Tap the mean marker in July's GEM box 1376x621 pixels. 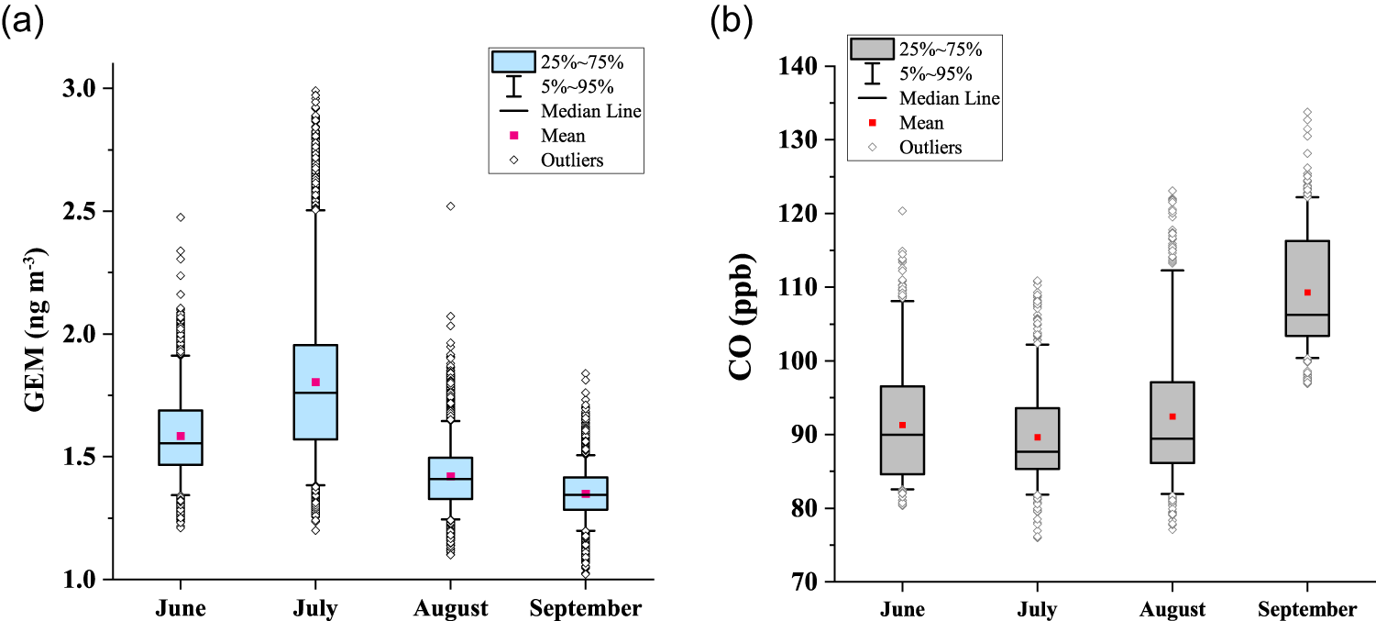point(315,382)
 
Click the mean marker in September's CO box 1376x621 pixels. point(1307,293)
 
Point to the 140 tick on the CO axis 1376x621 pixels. point(801,67)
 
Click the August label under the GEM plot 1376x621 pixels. point(450,608)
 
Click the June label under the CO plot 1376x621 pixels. point(902,609)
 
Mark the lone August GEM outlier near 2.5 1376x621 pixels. point(450,206)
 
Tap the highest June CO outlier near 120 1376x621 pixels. point(902,211)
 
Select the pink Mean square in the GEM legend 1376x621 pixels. point(513,136)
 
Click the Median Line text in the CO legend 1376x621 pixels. point(949,98)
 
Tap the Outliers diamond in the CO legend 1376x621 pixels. point(872,147)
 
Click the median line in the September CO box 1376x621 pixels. point(1307,315)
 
